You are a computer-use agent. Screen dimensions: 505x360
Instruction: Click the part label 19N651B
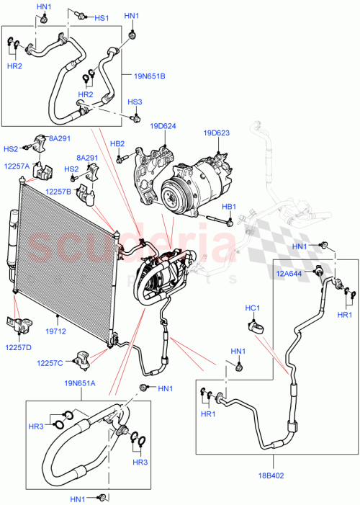pyautogui.click(x=150, y=76)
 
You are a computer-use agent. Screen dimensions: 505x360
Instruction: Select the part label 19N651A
pyautogui.click(x=81, y=384)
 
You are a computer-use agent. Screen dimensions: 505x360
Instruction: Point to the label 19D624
pyautogui.click(x=163, y=127)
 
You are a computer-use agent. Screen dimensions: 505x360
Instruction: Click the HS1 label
pyautogui.click(x=102, y=17)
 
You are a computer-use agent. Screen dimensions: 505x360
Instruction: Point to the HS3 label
pyautogui.click(x=135, y=102)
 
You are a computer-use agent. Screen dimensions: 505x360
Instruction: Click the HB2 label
pyautogui.click(x=117, y=143)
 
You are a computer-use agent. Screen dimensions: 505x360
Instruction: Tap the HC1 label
pyautogui.click(x=252, y=308)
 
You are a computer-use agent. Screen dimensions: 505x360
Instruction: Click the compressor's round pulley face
pyautogui.click(x=172, y=193)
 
